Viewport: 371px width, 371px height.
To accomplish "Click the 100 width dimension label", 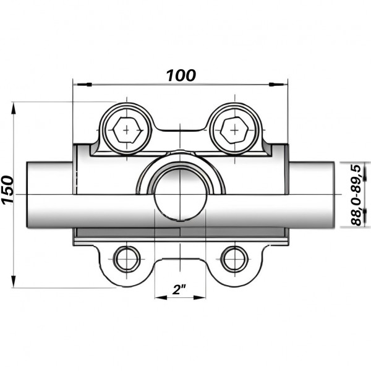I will (181, 75).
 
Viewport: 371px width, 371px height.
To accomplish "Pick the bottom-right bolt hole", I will (234, 258).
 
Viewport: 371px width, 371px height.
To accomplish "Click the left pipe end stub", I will (49, 194).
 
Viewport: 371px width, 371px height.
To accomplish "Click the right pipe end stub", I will (312, 194).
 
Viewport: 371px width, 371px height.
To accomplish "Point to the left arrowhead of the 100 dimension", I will (78, 83).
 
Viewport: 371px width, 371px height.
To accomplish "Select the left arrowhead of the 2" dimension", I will (157, 298).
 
